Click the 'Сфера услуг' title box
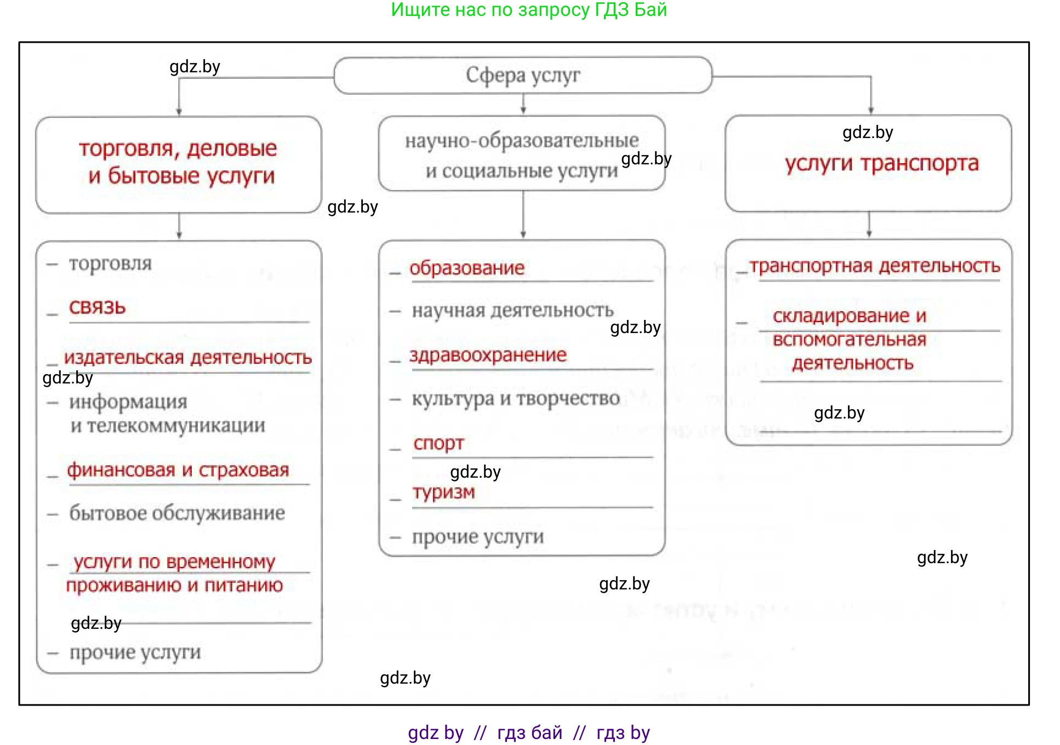tap(522, 75)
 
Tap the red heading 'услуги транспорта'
tap(881, 163)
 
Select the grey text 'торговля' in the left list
tap(110, 263)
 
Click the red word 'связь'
tap(98, 307)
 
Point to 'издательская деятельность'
tap(187, 358)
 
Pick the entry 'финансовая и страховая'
tap(178, 470)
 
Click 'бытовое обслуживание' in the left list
tap(176, 513)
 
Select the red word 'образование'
tap(467, 268)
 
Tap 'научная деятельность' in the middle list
tap(512, 311)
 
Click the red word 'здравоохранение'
tap(488, 355)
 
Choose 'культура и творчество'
tap(515, 399)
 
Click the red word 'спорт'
tap(438, 443)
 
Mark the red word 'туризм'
tap(443, 492)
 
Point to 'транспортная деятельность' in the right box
tap(875, 266)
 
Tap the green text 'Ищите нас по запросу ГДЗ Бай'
tap(529, 10)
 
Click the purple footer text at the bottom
tap(529, 732)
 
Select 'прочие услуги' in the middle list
tap(478, 537)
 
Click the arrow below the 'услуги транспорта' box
tap(869, 225)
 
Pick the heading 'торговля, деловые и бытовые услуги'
tap(178, 163)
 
